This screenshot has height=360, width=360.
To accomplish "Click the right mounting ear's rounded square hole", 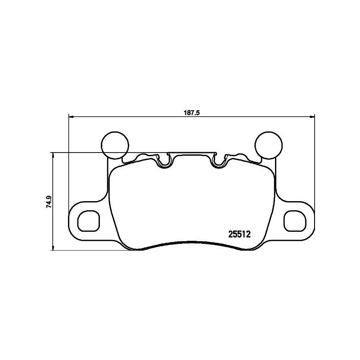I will point(295,220).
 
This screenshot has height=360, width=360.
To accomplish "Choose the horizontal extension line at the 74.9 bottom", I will point(90,251).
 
